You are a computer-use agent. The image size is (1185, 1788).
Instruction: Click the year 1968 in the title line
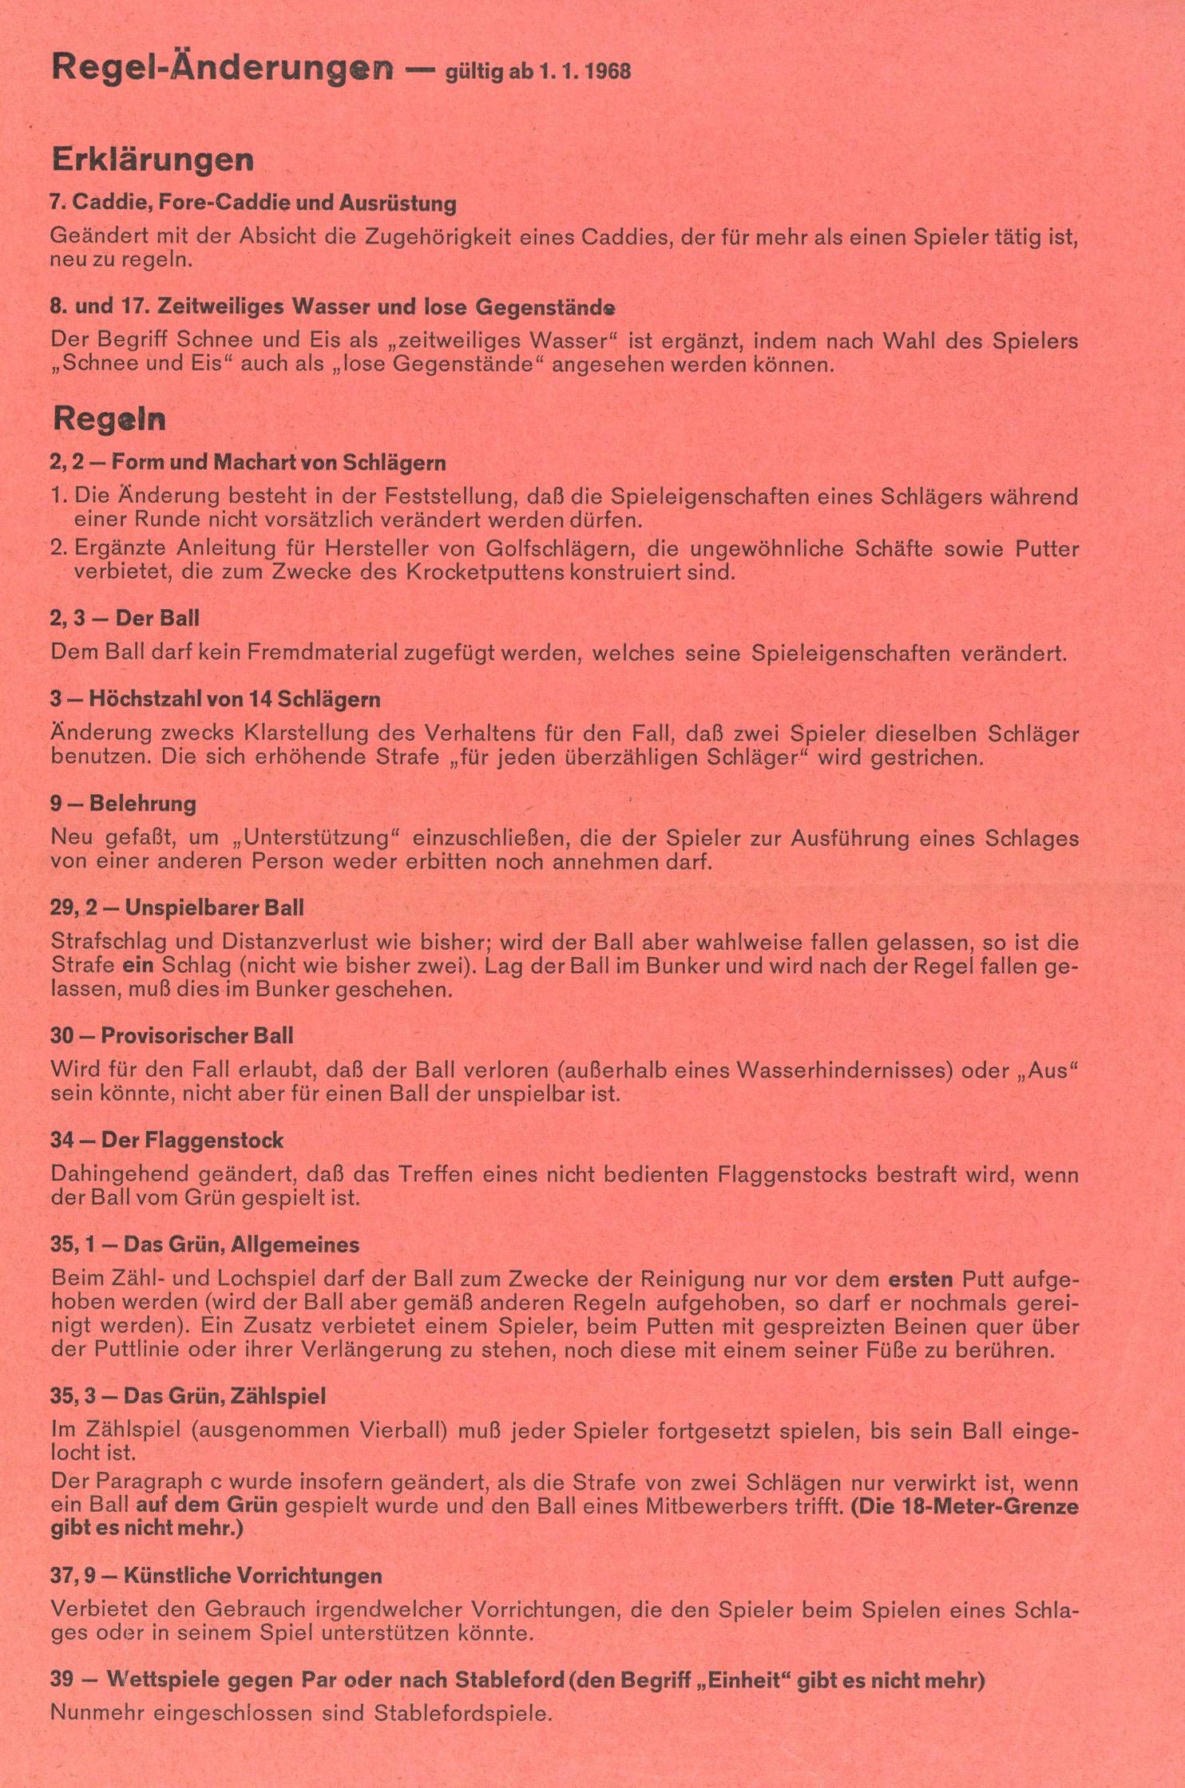click(x=606, y=72)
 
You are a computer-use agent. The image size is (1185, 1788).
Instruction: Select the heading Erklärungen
click(x=152, y=160)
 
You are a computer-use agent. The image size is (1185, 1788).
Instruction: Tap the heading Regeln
click(x=109, y=418)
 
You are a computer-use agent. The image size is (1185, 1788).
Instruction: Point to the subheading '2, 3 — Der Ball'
click(x=125, y=618)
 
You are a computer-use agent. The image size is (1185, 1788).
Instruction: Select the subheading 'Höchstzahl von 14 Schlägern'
click(x=234, y=699)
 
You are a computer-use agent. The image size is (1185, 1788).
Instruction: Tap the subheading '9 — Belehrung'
click(x=123, y=803)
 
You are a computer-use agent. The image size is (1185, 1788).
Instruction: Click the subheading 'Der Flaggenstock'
click(x=192, y=1140)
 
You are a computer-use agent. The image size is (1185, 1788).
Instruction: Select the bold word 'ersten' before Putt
click(x=921, y=1280)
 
